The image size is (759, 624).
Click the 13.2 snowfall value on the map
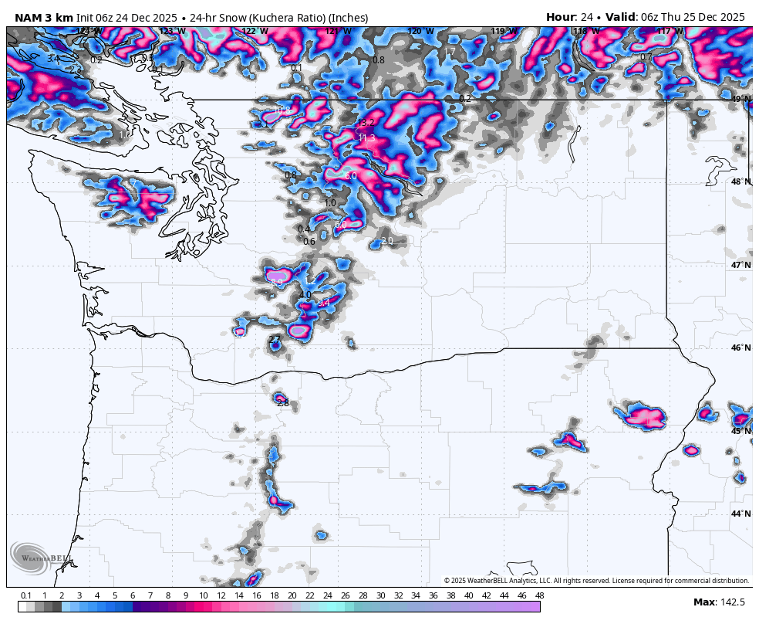click(366, 124)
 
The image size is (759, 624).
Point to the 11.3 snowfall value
click(366, 138)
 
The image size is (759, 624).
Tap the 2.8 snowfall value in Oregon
click(283, 403)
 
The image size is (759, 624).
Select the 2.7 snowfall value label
click(275, 339)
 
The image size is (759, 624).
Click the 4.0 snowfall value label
click(305, 295)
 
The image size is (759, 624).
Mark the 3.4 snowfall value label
click(52, 59)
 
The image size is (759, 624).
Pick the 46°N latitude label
click(740, 348)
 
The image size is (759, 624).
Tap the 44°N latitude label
click(740, 514)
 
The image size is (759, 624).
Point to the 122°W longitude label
click(255, 32)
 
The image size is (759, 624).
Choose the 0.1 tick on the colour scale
click(26, 595)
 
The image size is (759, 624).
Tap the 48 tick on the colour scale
click(539, 595)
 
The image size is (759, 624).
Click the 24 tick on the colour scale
click(327, 595)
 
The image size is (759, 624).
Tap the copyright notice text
click(596, 581)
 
